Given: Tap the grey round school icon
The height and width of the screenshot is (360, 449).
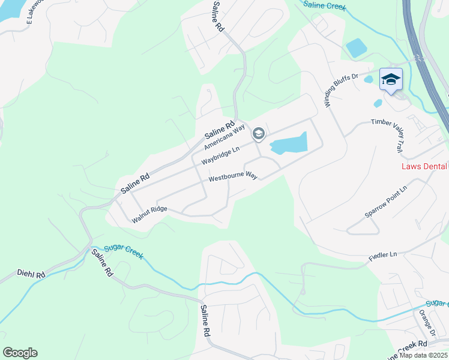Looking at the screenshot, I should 259,133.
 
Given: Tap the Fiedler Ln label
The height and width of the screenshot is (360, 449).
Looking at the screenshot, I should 382,254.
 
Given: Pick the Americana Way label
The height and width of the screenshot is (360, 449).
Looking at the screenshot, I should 224,136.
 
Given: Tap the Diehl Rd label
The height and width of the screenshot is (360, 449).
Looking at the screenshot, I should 31,275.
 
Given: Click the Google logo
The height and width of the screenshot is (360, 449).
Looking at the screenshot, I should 20,353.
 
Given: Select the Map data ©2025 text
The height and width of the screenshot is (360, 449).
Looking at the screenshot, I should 423,355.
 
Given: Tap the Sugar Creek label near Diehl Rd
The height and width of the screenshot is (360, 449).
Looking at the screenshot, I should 124,251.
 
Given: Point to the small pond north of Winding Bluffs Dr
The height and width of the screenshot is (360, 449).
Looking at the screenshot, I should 356,47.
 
